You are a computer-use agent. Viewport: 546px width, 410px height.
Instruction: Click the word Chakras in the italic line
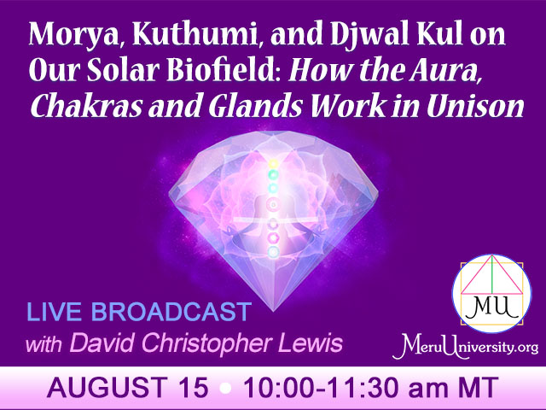(86, 106)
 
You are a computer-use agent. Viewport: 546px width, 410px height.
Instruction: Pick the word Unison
(475, 106)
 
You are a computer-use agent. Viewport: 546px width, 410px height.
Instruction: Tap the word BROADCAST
(171, 311)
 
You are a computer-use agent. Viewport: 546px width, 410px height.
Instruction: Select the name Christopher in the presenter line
(206, 343)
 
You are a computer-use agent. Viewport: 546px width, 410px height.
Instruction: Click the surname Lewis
(309, 343)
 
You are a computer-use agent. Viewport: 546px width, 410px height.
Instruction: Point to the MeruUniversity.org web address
(465, 347)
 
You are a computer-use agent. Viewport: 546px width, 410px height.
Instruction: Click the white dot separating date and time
(225, 389)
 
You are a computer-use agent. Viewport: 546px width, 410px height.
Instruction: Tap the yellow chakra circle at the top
(274, 163)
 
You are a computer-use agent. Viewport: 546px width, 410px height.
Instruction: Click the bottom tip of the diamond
(273, 311)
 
